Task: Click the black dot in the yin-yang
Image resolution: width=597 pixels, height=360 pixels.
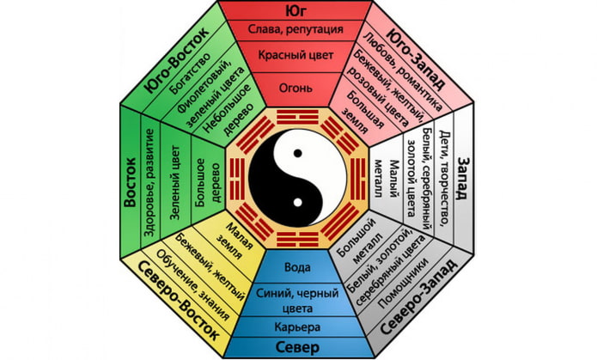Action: click(x=297, y=152)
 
